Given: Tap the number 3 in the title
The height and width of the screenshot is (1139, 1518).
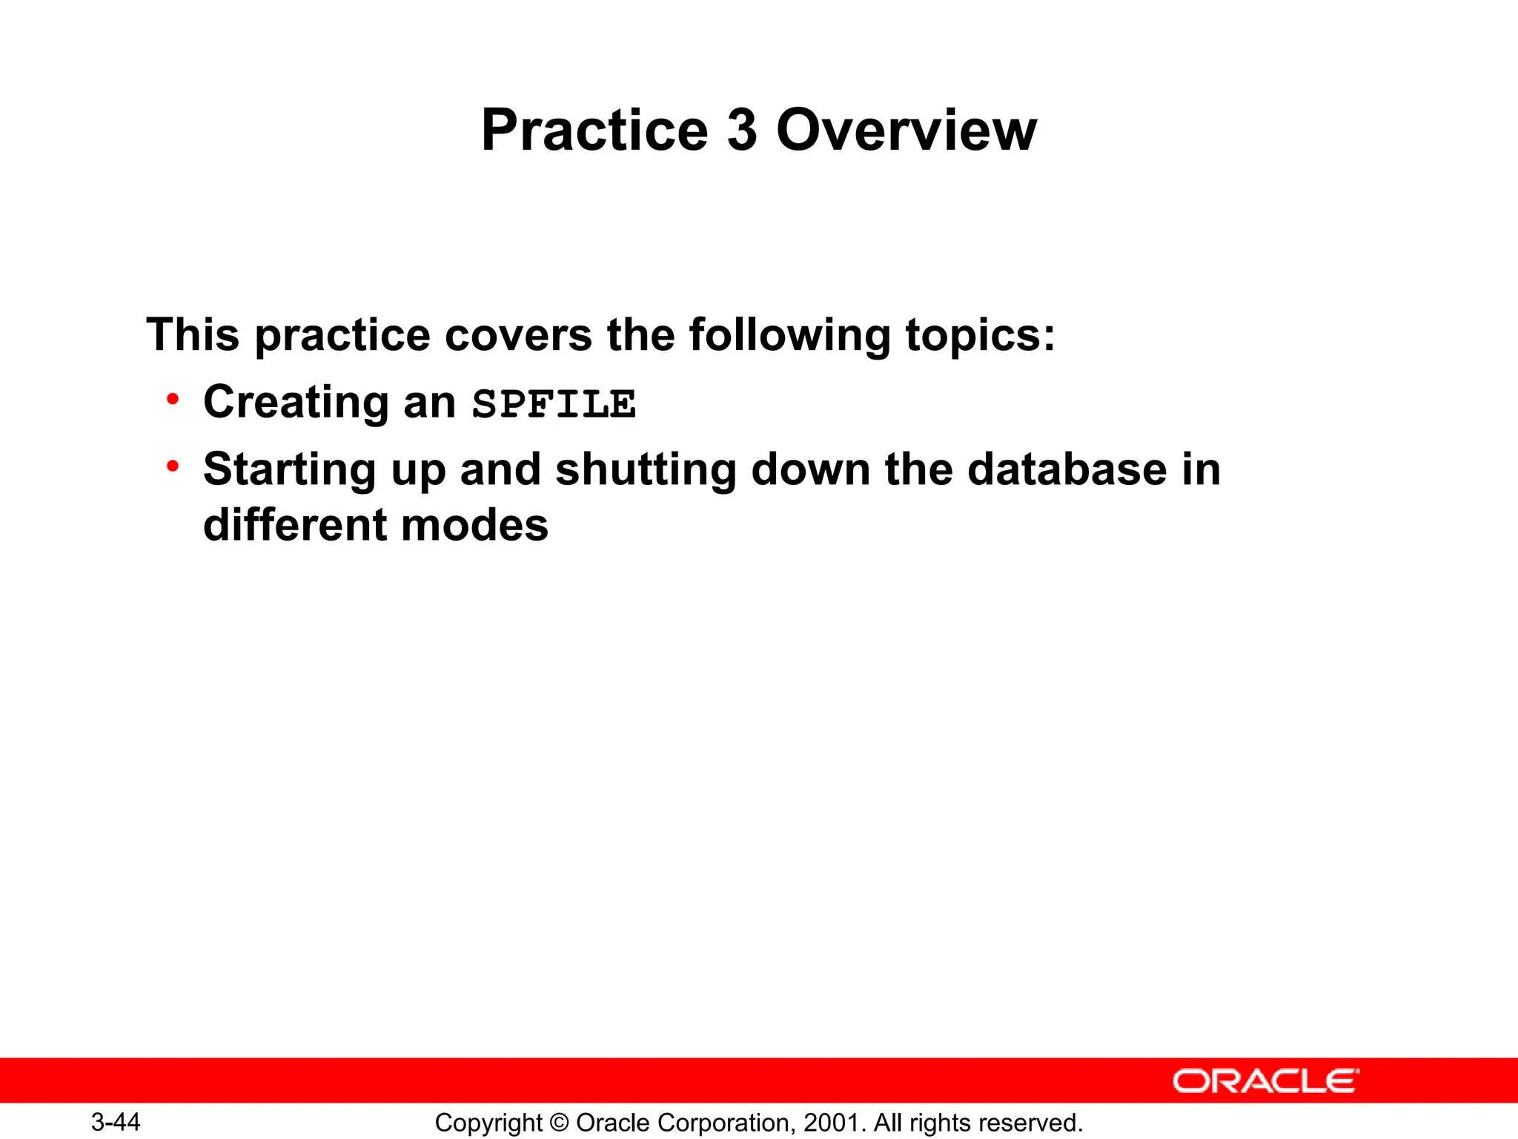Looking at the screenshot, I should click(742, 131).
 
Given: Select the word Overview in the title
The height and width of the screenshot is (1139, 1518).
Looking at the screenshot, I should click(906, 131).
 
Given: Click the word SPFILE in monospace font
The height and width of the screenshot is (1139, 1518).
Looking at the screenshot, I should click(554, 405).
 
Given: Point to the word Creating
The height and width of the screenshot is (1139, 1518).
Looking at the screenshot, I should click(296, 403).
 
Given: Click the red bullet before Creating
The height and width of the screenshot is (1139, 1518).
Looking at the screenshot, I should click(173, 400).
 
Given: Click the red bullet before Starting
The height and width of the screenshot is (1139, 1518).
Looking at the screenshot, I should click(173, 466).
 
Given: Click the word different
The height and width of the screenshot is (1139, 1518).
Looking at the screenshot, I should click(294, 525).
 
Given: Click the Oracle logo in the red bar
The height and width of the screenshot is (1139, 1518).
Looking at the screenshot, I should click(1265, 1081).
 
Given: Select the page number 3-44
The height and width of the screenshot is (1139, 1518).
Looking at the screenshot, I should click(116, 1122).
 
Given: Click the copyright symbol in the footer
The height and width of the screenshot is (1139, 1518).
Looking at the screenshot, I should click(560, 1123).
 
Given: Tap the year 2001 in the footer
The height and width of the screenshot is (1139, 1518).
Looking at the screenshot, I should click(832, 1123).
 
